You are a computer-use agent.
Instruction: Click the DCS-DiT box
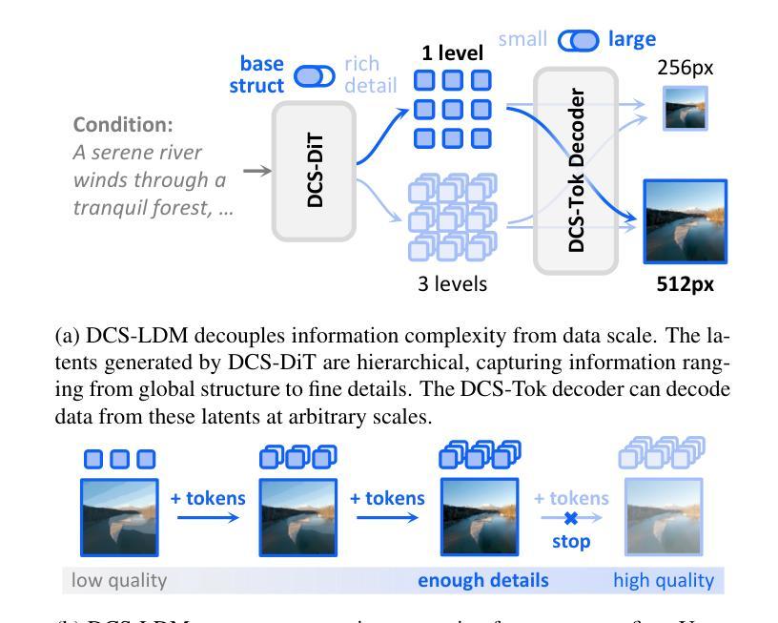click(x=315, y=170)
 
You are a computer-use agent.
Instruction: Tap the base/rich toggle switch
click(x=315, y=75)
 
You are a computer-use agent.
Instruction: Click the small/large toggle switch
click(x=579, y=40)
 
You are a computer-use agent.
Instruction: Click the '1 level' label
click(x=453, y=53)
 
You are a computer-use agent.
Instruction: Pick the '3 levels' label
click(x=453, y=283)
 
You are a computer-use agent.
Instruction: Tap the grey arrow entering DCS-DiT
click(x=257, y=170)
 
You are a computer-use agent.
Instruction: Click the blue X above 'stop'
click(x=570, y=518)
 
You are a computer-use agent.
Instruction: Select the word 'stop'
click(x=570, y=541)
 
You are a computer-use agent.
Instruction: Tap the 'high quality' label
click(x=663, y=579)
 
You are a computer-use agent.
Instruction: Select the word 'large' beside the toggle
click(x=631, y=39)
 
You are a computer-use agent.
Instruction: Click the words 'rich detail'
click(x=369, y=74)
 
